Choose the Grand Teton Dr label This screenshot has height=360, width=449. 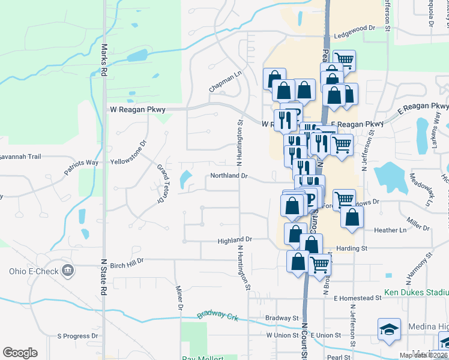coord(161,184)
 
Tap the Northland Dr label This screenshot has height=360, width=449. coord(229,176)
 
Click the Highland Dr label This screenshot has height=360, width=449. coord(234,239)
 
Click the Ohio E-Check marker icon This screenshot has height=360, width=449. coord(67,271)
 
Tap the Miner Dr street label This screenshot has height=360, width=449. coord(178,298)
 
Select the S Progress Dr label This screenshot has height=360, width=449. coord(77,337)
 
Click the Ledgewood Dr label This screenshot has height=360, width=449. coord(355,28)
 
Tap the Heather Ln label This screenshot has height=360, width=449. coord(390,230)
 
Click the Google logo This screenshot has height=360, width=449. coord(20,353)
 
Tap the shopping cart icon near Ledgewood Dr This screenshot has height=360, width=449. coord(344,59)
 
